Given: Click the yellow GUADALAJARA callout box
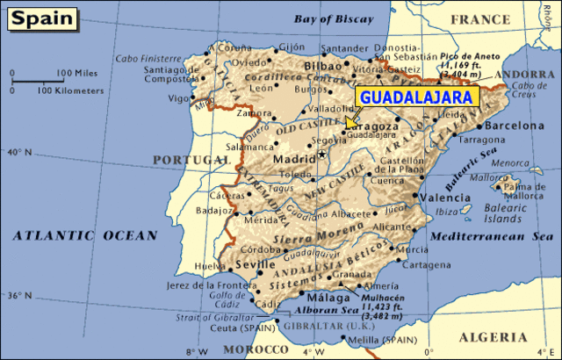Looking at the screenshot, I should tap(414, 97).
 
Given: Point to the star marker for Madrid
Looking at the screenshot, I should tap(321, 155).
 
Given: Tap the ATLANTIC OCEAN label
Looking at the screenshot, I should tap(84, 235).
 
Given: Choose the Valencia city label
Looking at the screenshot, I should tap(446, 198).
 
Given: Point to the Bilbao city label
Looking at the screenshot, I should tap(324, 66).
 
